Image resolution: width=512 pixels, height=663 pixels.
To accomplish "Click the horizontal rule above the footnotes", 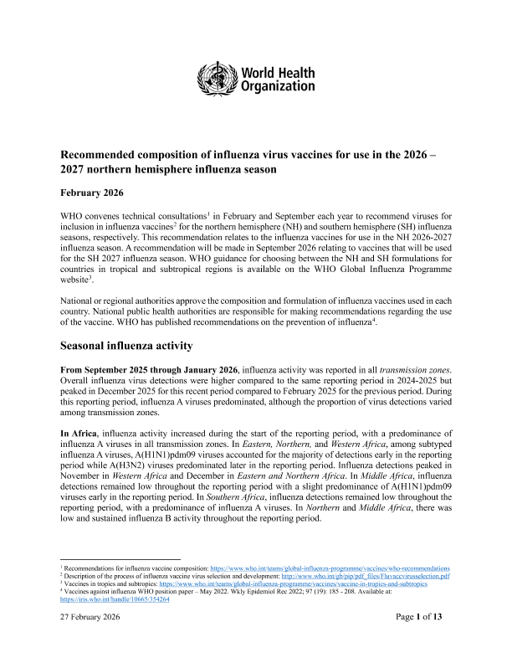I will click(x=122, y=559).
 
